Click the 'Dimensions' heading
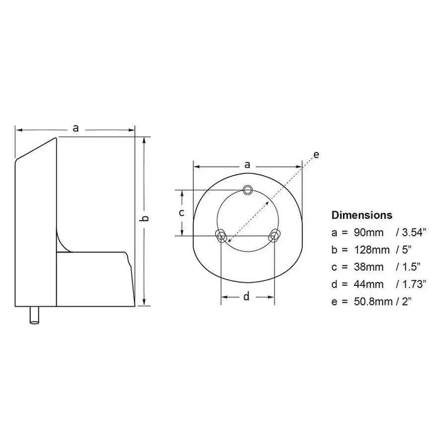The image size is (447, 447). (x=362, y=215)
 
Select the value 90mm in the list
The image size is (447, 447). (x=365, y=232)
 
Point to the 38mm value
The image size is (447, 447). (x=365, y=267)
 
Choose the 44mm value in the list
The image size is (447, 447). (x=365, y=284)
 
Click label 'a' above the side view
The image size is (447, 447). (x=76, y=128)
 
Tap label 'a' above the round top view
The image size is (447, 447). (x=247, y=165)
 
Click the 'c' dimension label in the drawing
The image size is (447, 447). (x=182, y=213)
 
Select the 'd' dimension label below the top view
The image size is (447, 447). (x=247, y=297)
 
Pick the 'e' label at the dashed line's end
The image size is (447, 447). (x=316, y=154)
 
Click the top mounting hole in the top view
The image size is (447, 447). (x=247, y=189)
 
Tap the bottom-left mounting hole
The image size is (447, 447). (x=221, y=235)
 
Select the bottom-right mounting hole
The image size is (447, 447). (x=273, y=235)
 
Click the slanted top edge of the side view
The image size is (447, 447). (x=37, y=149)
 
